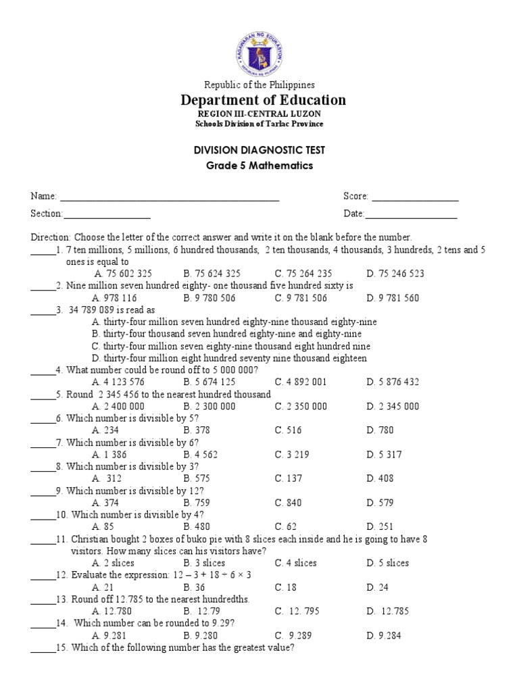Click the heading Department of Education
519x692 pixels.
point(263,100)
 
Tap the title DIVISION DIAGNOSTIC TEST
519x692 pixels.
point(259,150)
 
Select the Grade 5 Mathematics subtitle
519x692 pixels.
point(259,166)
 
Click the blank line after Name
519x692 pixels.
point(170,197)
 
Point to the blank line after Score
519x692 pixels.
point(415,197)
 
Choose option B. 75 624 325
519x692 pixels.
point(212,274)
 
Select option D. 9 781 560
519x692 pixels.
point(393,298)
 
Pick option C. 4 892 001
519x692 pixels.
point(300,382)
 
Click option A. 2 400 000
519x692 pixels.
point(118,406)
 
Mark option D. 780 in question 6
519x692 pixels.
point(380,430)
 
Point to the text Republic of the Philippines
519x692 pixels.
point(259,84)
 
